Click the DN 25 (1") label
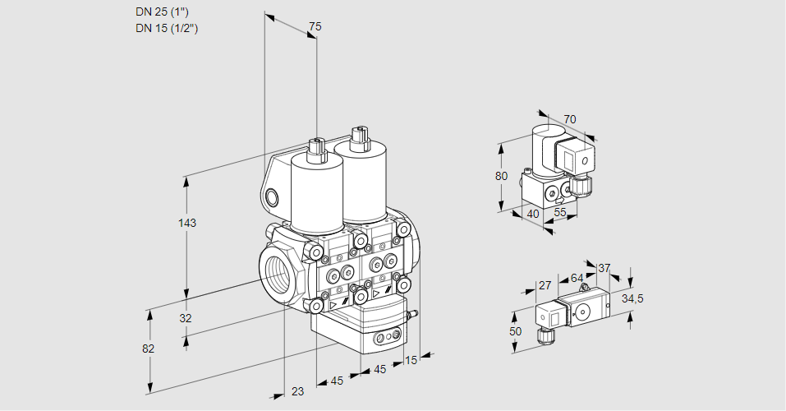[x=167, y=12]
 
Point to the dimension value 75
[x=315, y=27]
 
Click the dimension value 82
[x=148, y=349]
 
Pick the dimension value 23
[x=297, y=391]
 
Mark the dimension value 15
[x=411, y=360]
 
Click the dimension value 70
[x=570, y=119]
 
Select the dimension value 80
[x=503, y=176]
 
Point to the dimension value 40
[x=533, y=214]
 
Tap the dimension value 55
[x=559, y=213]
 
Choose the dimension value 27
[x=544, y=285]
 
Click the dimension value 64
[x=577, y=279]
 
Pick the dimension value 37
[x=604, y=268]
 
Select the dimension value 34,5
[x=632, y=298]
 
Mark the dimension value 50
[x=515, y=331]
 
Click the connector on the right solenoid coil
[x=358, y=138]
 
